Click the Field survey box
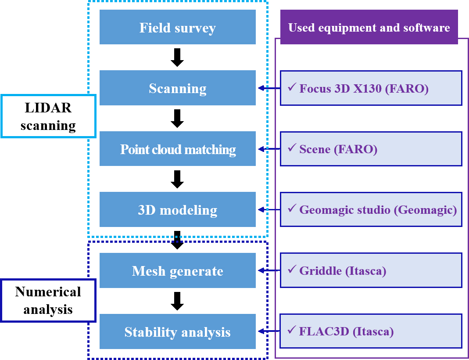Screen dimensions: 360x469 click(x=177, y=27)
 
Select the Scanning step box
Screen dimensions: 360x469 click(x=177, y=88)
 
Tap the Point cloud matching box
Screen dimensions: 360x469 click(x=177, y=149)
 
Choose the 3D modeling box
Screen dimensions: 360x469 click(x=177, y=209)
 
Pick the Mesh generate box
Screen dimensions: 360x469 click(x=177, y=270)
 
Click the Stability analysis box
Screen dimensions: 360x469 click(x=177, y=331)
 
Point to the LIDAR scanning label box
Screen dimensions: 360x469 click(x=48, y=116)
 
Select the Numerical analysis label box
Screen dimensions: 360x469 click(x=48, y=300)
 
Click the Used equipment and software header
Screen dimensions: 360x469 click(x=369, y=27)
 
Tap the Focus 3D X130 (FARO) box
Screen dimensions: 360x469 click(x=371, y=88)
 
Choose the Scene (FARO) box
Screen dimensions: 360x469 click(x=371, y=149)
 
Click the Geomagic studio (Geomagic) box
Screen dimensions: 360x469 click(x=371, y=209)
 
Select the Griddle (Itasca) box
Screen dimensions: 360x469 click(x=371, y=270)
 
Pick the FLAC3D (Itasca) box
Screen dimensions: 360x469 click(x=371, y=331)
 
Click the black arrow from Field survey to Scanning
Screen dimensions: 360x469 click(x=177, y=58)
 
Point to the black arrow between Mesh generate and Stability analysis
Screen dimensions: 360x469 click(x=177, y=301)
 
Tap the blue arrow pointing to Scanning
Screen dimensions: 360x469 click(x=269, y=88)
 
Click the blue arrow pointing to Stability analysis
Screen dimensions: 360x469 click(x=269, y=331)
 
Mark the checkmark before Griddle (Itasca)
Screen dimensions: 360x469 click(x=292, y=270)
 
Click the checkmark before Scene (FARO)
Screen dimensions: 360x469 click(x=292, y=148)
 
